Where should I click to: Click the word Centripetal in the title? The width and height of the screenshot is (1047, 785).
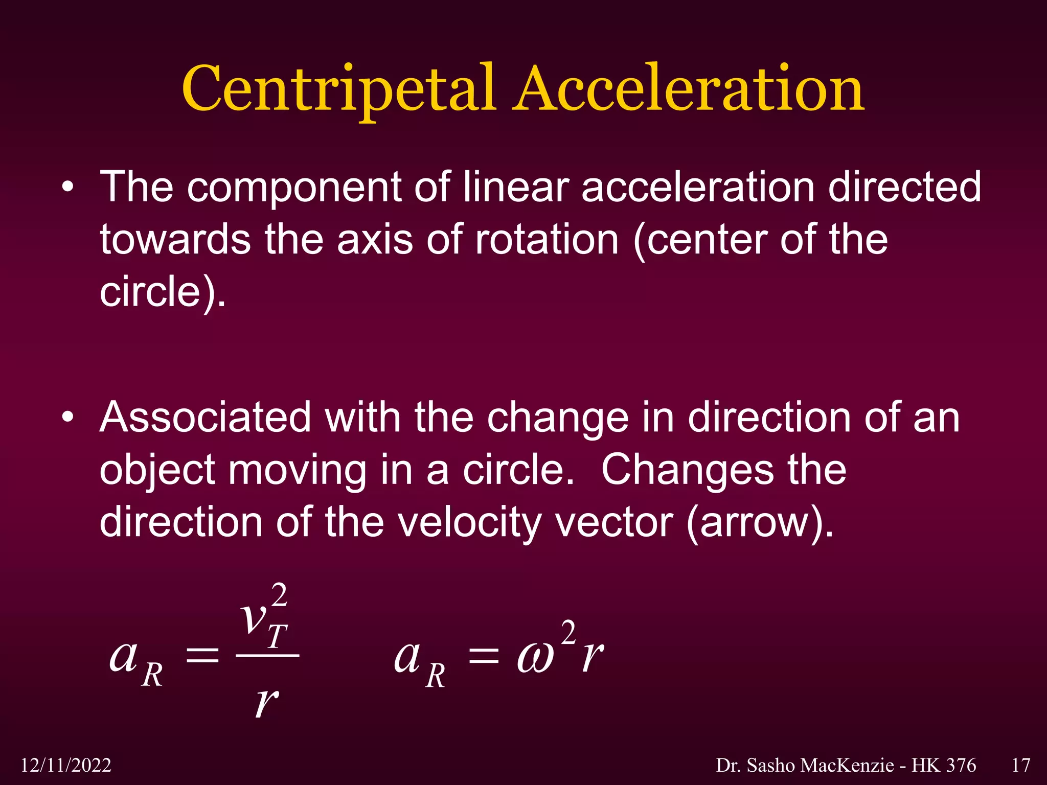(337, 89)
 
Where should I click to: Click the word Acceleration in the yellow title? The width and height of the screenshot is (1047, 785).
(688, 89)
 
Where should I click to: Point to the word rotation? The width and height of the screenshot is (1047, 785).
(547, 240)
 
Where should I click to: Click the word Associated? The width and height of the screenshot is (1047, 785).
(205, 418)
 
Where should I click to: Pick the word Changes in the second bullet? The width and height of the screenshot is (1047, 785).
(687, 470)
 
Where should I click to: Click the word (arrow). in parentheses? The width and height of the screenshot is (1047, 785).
(760, 523)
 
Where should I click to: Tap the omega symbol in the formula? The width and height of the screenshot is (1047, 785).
(535, 658)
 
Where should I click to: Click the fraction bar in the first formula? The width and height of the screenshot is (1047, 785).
(267, 655)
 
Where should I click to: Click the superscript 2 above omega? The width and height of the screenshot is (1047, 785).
(568, 632)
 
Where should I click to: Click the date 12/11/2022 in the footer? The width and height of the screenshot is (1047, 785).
(66, 765)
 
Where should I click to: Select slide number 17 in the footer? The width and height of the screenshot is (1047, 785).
(1020, 765)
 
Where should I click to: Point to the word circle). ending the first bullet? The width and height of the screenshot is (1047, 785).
(163, 292)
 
